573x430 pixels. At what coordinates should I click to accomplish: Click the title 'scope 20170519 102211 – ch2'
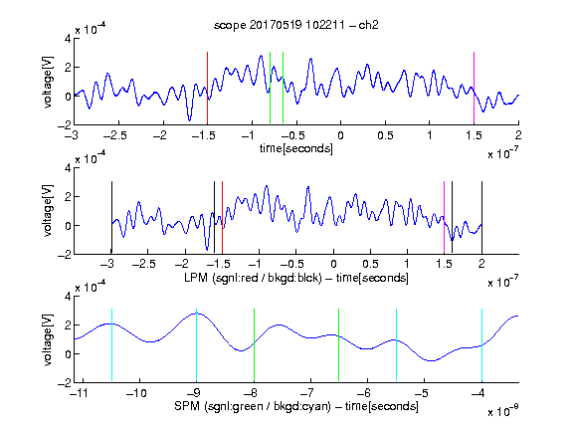pyautogui.click(x=296, y=25)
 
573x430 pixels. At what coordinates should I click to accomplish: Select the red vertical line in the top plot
pyautogui.click(x=207, y=89)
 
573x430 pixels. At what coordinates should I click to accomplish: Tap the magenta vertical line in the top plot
pyautogui.click(x=474, y=89)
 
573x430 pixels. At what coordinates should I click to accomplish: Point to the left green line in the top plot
pyautogui.click(x=270, y=88)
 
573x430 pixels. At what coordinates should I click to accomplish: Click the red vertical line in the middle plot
pyautogui.click(x=222, y=217)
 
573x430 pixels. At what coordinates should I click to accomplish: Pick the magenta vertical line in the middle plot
pyautogui.click(x=444, y=217)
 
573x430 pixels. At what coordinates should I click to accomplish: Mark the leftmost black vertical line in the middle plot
pyautogui.click(x=111, y=217)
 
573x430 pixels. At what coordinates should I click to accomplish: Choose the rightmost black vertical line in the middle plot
pyautogui.click(x=481, y=217)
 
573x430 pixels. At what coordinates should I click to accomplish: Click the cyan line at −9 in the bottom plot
pyautogui.click(x=196, y=345)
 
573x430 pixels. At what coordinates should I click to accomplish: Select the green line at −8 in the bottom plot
pyautogui.click(x=254, y=345)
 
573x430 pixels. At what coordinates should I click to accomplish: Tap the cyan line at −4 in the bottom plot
pyautogui.click(x=481, y=345)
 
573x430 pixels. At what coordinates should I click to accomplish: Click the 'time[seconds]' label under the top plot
pyautogui.click(x=296, y=148)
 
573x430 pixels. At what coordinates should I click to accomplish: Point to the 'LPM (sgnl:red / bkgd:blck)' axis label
pyautogui.click(x=253, y=278)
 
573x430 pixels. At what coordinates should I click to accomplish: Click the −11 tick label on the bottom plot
pyautogui.click(x=79, y=393)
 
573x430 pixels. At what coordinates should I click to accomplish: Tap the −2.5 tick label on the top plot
pyautogui.click(x=115, y=135)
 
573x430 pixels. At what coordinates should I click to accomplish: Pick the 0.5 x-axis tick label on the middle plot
pyautogui.click(x=370, y=264)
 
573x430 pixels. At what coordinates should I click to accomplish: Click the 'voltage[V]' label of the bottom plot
pyautogui.click(x=48, y=339)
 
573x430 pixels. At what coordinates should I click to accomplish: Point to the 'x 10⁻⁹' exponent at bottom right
pyautogui.click(x=502, y=411)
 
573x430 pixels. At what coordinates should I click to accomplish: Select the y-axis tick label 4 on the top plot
pyautogui.click(x=68, y=39)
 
